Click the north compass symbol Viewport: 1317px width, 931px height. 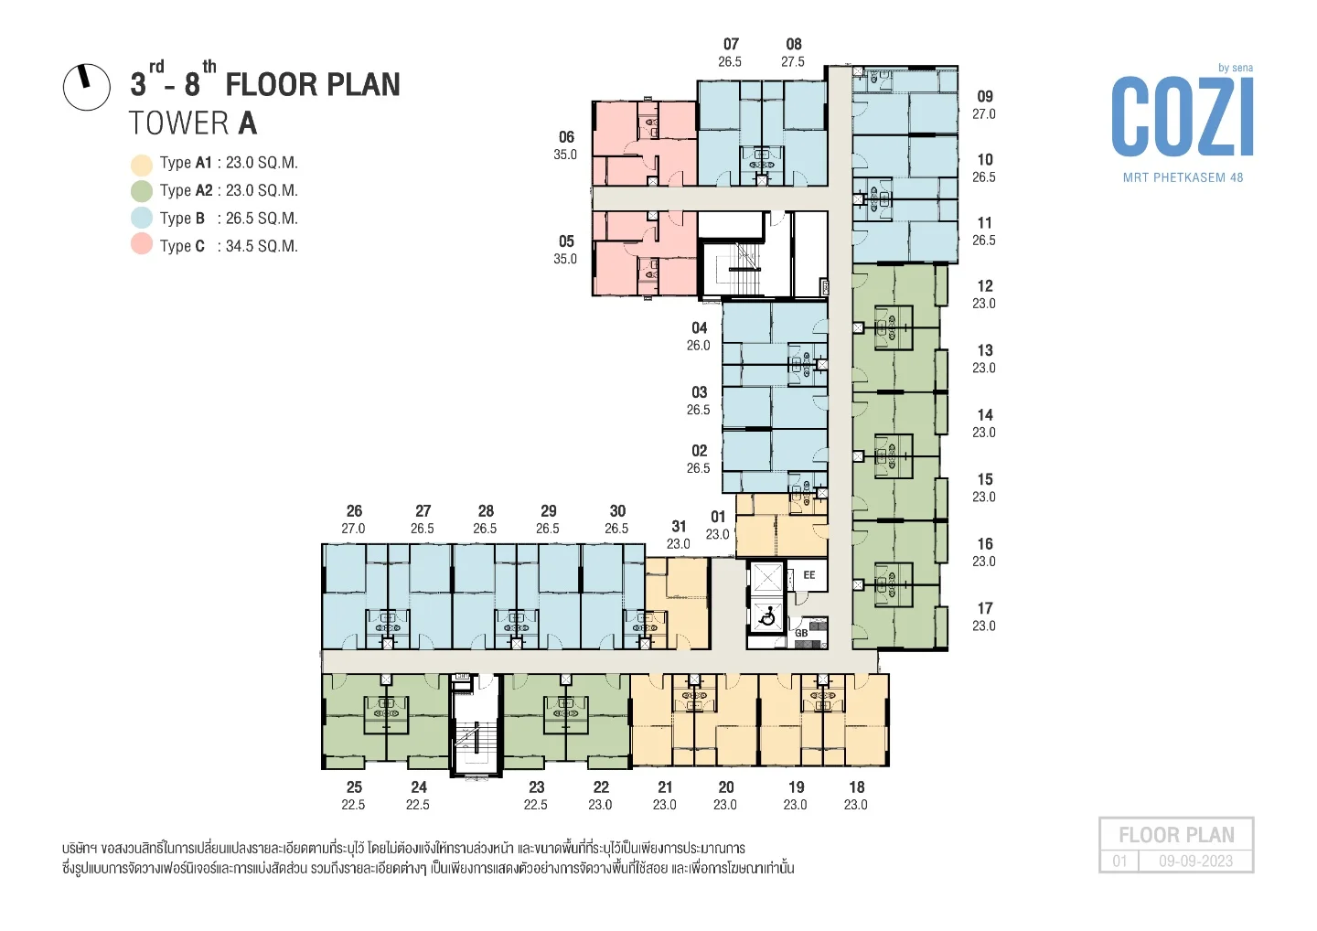point(86,87)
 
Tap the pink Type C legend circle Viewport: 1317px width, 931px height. point(142,244)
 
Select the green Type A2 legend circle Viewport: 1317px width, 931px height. point(142,191)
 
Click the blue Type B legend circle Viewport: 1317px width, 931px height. point(142,218)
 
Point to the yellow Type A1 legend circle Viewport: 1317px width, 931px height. point(142,166)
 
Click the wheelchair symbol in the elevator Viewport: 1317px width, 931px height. point(766,617)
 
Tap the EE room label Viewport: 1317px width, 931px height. point(809,575)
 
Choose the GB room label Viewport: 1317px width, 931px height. point(801,633)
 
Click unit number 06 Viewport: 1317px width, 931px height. point(566,137)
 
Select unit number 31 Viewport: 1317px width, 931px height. point(679,526)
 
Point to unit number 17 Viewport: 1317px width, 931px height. point(985,608)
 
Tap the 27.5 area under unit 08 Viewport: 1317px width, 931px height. point(793,61)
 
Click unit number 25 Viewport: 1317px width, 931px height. point(354,787)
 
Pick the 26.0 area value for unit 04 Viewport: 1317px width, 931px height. point(699,346)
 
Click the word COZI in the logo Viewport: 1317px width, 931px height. point(1182,118)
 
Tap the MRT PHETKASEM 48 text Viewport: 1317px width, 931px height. point(1183,177)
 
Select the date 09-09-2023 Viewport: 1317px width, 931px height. point(1196,861)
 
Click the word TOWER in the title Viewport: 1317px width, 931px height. point(179,123)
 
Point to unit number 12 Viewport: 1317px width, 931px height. point(985,285)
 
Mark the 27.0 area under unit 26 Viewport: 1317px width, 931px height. point(353,529)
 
